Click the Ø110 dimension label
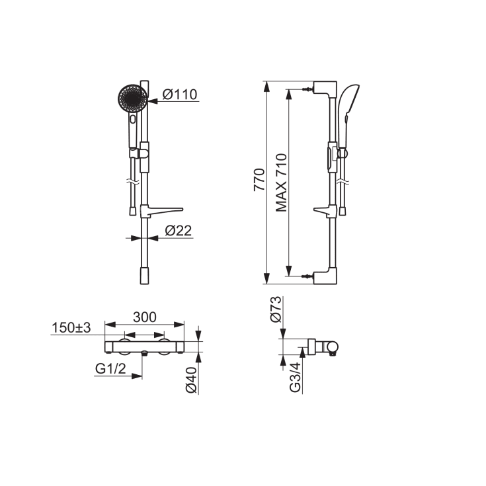179,95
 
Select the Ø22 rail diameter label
179,230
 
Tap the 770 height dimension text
259,180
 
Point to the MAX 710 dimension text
281,183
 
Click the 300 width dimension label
145,317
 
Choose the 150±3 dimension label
71,327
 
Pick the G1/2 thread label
110,368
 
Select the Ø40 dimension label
191,380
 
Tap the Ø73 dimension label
276,309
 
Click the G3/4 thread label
295,377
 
